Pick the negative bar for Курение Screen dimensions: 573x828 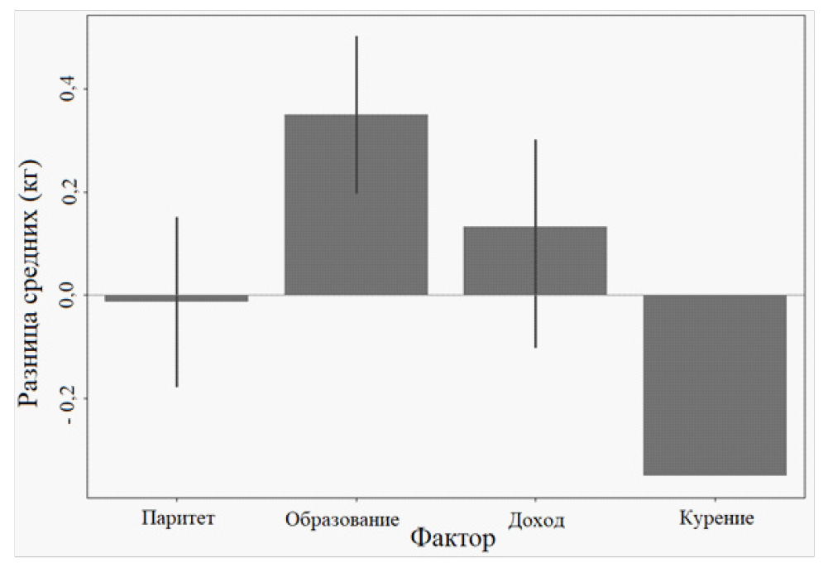[x=715, y=385]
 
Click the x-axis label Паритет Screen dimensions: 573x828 [x=178, y=519]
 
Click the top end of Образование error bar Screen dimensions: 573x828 [x=357, y=36]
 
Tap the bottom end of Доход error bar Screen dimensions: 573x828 [x=536, y=347]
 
